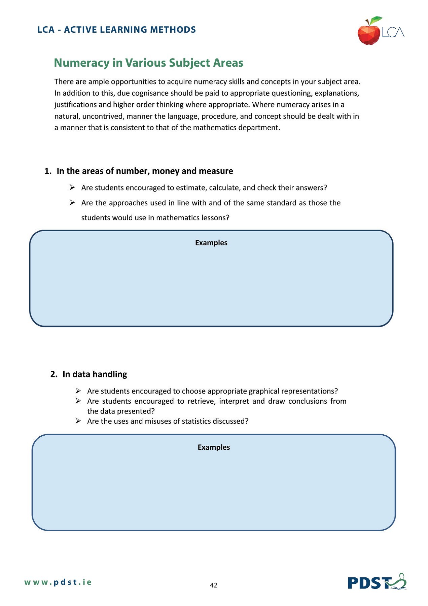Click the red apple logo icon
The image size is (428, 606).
click(x=369, y=33)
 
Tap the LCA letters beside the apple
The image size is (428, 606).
click(x=393, y=32)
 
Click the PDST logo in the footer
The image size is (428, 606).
click(x=377, y=582)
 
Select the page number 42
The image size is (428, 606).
click(x=213, y=585)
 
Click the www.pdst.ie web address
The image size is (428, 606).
click(x=58, y=582)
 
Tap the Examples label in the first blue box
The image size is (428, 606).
click(x=211, y=243)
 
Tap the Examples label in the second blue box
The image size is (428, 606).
click(x=214, y=447)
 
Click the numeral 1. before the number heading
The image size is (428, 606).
click(x=47, y=171)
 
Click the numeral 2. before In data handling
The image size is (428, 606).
click(x=53, y=374)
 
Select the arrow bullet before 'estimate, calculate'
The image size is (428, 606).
click(x=72, y=188)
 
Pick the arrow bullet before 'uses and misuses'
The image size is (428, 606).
click(x=78, y=421)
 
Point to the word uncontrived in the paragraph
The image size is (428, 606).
click(x=103, y=116)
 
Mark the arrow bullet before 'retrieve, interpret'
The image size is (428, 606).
click(x=78, y=401)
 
